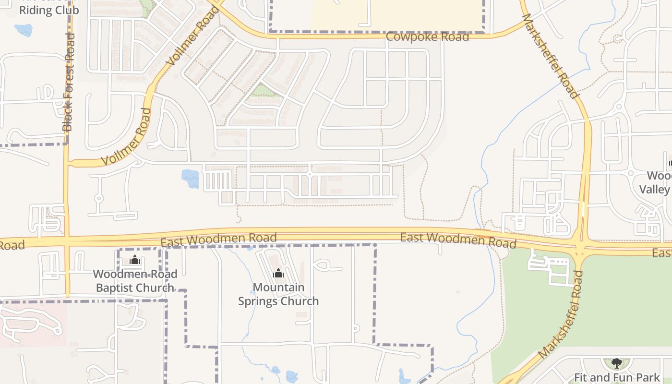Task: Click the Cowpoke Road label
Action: coord(427,37)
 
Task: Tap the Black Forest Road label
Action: coord(69,82)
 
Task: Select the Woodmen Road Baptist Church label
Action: coord(135,281)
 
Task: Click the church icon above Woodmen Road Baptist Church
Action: coord(135,261)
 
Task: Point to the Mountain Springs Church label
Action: coord(278,294)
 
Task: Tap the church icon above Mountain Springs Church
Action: coord(278,274)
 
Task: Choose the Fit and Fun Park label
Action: coord(617,377)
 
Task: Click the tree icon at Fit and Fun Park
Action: coord(617,363)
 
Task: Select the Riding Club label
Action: coord(49,10)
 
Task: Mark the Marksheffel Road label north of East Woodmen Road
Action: coord(550,56)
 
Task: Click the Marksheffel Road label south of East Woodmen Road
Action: coord(561,314)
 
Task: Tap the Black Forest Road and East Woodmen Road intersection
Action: coord(67,239)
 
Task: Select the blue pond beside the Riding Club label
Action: coord(23,30)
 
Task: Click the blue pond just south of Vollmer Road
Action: coord(190,179)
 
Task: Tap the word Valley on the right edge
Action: coord(654,190)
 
